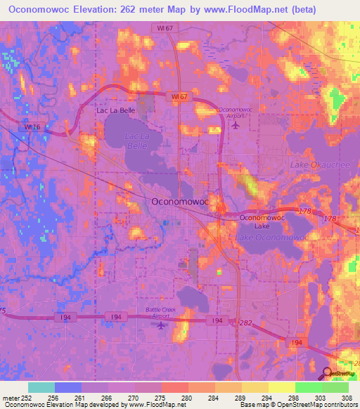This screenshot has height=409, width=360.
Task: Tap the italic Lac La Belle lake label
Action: click(x=137, y=140)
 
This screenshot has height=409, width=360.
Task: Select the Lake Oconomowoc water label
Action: click(x=272, y=238)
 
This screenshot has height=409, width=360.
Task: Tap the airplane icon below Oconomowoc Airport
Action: click(x=235, y=125)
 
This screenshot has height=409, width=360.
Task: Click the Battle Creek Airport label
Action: click(x=162, y=312)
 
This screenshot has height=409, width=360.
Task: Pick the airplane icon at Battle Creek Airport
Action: click(x=162, y=325)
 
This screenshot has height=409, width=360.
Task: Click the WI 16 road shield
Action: click(x=28, y=127)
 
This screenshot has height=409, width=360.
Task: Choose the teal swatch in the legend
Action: click(x=41, y=387)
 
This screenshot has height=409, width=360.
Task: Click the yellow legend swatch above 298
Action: click(x=281, y=387)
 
